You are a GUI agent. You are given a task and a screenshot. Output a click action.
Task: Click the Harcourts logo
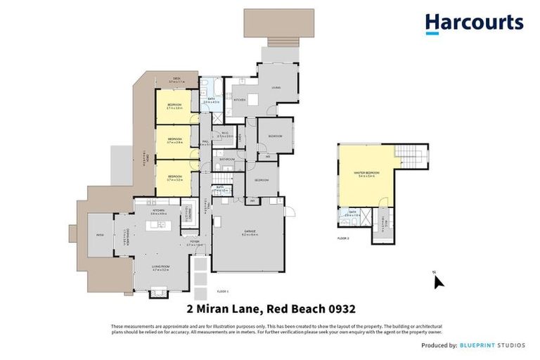pos(474,23)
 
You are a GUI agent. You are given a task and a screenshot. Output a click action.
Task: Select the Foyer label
pos(193,243)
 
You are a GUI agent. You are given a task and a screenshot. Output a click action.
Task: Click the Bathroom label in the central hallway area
pos(226,160)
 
